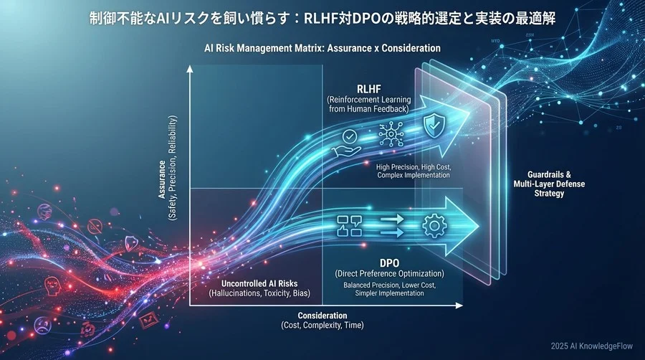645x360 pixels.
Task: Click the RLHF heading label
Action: [368, 89]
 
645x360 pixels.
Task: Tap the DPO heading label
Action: [389, 263]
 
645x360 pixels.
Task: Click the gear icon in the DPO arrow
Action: [434, 226]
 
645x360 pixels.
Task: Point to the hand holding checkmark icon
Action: [348, 143]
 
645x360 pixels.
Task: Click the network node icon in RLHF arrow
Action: [391, 133]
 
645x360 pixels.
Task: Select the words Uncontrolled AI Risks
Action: [259, 283]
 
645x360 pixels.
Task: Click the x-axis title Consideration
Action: [322, 316]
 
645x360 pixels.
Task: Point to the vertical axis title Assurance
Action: [162, 179]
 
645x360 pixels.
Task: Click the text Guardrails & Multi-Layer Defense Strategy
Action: [549, 184]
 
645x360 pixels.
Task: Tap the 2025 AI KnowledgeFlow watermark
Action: [591, 346]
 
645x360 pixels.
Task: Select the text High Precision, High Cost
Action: [414, 168]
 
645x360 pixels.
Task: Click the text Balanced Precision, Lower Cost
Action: [390, 285]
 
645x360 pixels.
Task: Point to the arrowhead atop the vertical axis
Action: [190, 68]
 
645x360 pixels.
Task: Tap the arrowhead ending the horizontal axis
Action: [459, 305]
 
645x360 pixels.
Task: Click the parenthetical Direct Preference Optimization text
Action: [390, 274]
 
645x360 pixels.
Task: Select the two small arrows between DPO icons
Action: [392, 227]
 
